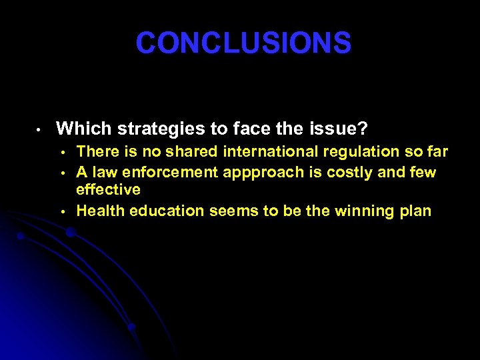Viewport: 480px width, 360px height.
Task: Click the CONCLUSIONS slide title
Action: coord(243,43)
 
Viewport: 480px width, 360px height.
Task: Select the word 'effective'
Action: coord(108,190)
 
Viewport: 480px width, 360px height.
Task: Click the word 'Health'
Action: coord(99,211)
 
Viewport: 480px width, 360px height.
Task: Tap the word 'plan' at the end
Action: coord(415,212)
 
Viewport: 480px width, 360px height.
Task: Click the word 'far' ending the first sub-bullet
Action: coord(437,153)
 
